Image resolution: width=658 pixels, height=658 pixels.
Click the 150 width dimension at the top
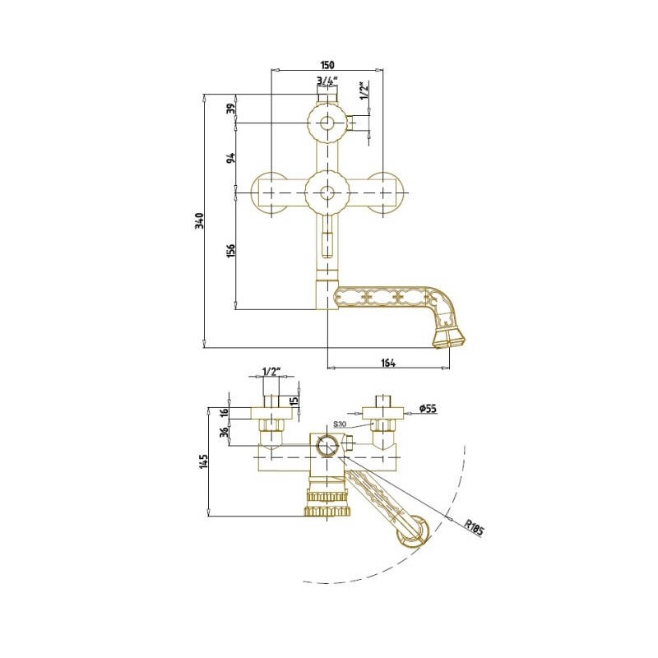(x=327, y=65)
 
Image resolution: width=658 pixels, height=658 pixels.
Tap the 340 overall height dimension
(x=200, y=220)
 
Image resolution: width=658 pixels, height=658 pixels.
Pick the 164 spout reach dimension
(x=388, y=363)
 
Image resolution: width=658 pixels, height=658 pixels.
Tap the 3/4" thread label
(x=327, y=81)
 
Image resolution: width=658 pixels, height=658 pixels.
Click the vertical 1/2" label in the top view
(x=364, y=90)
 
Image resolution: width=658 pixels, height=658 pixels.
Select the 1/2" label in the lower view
(x=271, y=372)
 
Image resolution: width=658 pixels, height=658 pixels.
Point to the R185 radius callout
(x=475, y=527)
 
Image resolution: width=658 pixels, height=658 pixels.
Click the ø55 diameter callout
(x=428, y=407)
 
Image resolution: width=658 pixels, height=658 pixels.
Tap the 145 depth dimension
(x=204, y=461)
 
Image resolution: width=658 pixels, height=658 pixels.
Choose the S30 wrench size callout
(x=339, y=424)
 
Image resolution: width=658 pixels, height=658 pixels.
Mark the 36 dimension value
(x=225, y=431)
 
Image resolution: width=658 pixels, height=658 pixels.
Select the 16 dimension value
(x=225, y=412)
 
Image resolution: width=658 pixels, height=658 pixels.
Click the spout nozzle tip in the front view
(x=449, y=339)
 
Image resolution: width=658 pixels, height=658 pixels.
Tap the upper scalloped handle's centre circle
(x=327, y=123)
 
